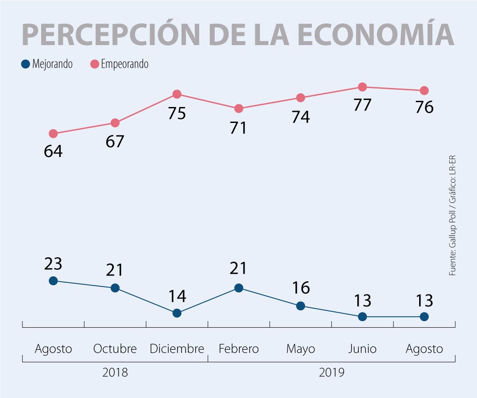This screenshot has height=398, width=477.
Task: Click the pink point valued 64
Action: pyautogui.click(x=53, y=134)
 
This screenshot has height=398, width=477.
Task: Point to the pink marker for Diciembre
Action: pyautogui.click(x=177, y=94)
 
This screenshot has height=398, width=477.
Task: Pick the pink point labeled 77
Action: pyautogui.click(x=362, y=87)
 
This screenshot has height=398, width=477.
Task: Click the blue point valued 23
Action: pyautogui.click(x=53, y=280)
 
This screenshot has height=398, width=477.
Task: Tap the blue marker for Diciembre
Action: pyautogui.click(x=177, y=313)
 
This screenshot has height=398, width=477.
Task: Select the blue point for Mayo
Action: pyautogui.click(x=300, y=306)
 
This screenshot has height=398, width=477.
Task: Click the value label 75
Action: pyautogui.click(x=177, y=113)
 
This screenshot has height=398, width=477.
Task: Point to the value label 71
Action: pyautogui.click(x=238, y=128)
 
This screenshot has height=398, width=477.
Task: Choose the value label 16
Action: pyautogui.click(x=300, y=288)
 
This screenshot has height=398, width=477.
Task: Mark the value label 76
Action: pyautogui.click(x=424, y=107)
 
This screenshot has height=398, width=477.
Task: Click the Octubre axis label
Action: pyautogui.click(x=115, y=349)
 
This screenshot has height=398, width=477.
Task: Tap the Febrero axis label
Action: pyautogui.click(x=238, y=349)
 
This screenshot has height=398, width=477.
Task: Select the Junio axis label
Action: pyautogui.click(x=362, y=349)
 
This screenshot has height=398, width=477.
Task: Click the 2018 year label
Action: pyautogui.click(x=115, y=372)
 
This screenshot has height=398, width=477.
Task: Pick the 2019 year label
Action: pyautogui.click(x=331, y=372)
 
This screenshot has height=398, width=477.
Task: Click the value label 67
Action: pyautogui.click(x=115, y=142)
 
